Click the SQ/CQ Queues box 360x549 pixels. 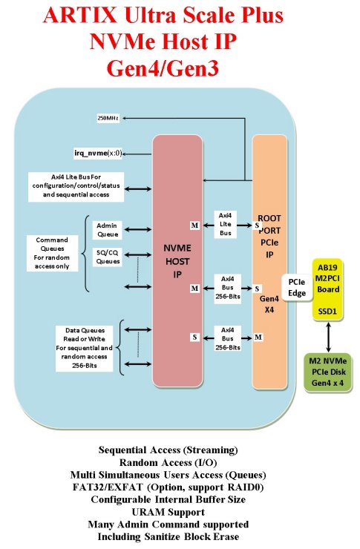pyautogui.click(x=108, y=255)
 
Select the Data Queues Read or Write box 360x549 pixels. pyautogui.click(x=83, y=347)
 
